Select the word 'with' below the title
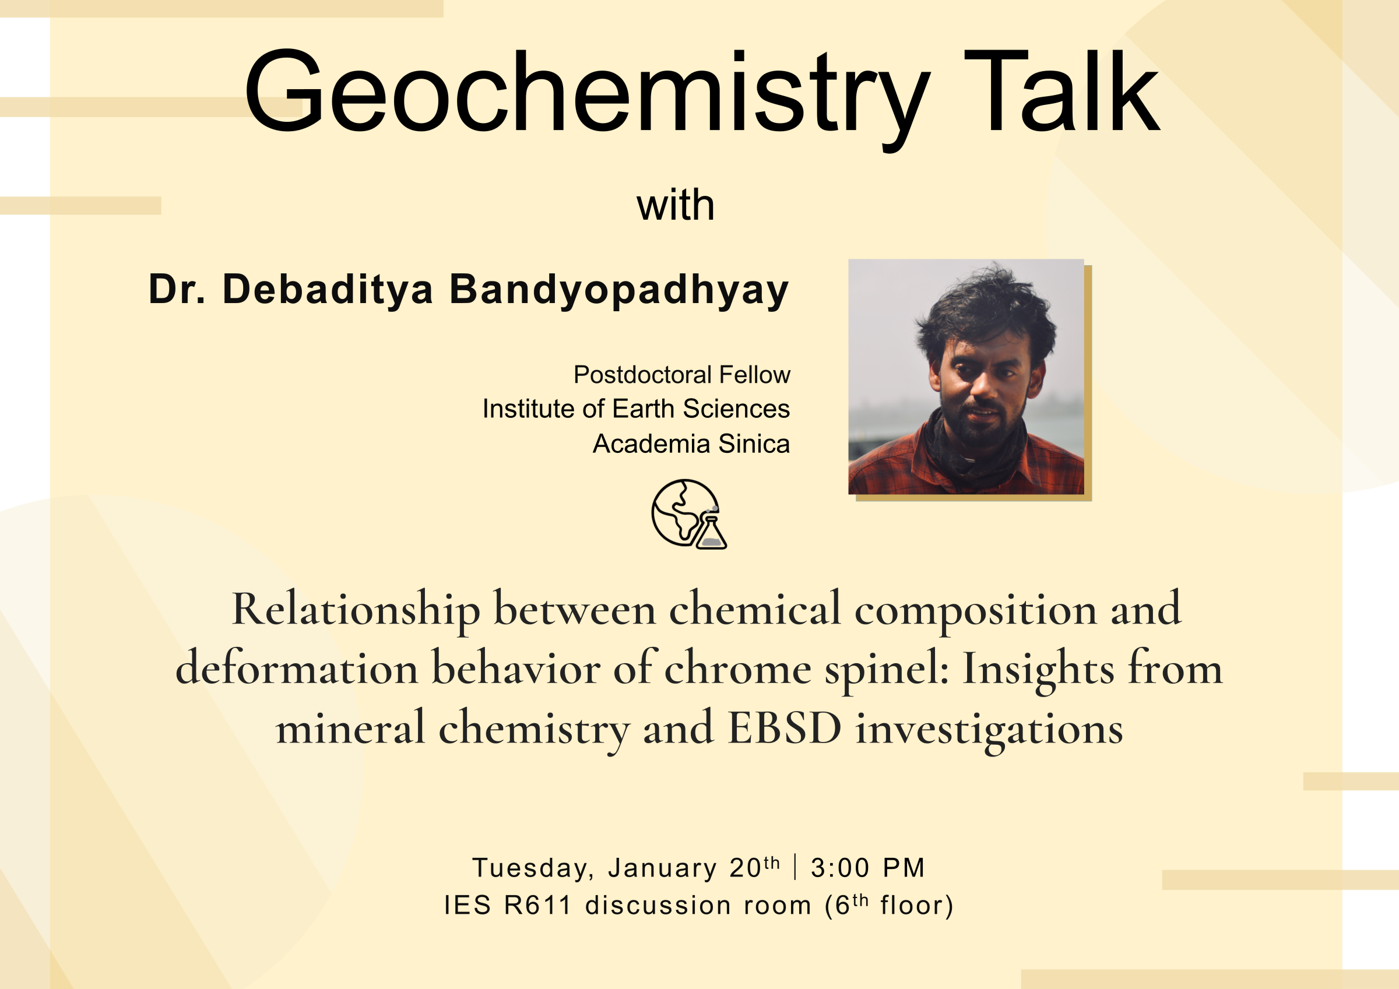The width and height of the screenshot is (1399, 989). (675, 205)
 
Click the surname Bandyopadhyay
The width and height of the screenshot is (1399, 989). (618, 290)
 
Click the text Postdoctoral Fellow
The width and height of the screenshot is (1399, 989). (681, 375)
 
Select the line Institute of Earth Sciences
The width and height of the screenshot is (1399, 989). (635, 409)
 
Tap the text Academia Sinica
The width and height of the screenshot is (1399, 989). (691, 444)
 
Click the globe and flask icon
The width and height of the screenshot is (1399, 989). (686, 513)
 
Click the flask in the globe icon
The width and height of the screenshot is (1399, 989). (711, 534)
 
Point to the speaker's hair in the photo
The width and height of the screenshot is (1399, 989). (987, 308)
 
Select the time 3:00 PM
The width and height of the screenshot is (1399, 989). (868, 868)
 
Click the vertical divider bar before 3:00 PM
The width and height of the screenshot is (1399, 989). (795, 867)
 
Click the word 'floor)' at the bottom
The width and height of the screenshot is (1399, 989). (916, 906)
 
